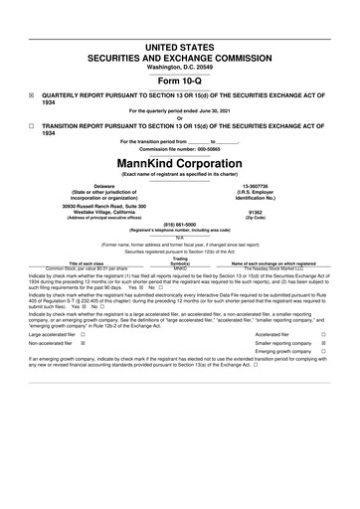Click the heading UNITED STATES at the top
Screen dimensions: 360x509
click(180, 47)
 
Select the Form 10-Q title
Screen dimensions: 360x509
click(180, 82)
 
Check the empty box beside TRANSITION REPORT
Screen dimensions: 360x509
click(33, 127)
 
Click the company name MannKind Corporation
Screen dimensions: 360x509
click(180, 162)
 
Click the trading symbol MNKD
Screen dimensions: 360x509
click(180, 268)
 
